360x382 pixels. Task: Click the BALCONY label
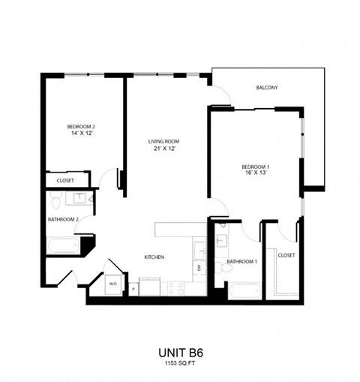click(x=267, y=88)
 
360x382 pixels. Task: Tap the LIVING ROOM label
click(x=163, y=141)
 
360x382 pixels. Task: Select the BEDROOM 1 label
click(x=256, y=166)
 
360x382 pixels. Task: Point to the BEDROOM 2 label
click(x=81, y=126)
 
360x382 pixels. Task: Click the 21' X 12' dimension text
click(x=163, y=149)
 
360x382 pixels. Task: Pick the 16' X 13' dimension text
click(x=256, y=173)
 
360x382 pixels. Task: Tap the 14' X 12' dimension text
click(x=81, y=133)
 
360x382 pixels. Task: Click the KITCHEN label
click(x=154, y=257)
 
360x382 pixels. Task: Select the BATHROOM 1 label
click(x=242, y=261)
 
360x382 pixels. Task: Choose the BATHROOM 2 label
click(x=64, y=219)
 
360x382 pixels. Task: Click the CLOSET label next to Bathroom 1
click(x=286, y=255)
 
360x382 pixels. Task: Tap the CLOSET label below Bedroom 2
click(x=65, y=180)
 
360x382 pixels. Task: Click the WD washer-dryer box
click(x=113, y=284)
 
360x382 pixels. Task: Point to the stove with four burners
click(x=178, y=286)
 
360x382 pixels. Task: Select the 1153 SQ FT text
click(x=180, y=364)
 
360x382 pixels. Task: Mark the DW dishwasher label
click(x=199, y=267)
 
